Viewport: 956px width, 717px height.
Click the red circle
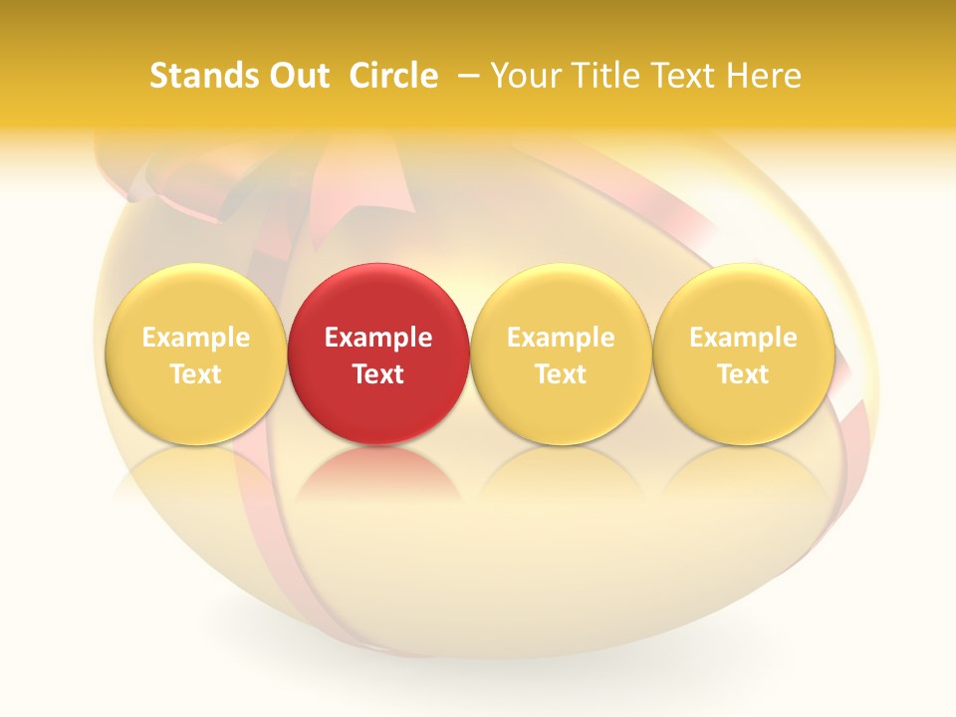(x=378, y=354)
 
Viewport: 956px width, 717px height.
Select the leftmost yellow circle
(x=195, y=354)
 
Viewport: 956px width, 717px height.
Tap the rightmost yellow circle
(x=743, y=354)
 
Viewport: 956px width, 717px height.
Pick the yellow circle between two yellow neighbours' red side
(x=561, y=354)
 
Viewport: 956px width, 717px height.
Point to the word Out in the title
(x=297, y=76)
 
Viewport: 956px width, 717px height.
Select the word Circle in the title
(x=393, y=76)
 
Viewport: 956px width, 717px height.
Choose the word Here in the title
(x=766, y=76)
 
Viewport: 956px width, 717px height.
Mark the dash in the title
(x=469, y=76)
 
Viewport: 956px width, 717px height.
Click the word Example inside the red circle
(x=378, y=338)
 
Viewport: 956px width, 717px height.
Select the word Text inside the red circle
(x=378, y=374)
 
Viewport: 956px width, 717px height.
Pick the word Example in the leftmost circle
(x=195, y=338)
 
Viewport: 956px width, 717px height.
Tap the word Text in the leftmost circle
(x=195, y=374)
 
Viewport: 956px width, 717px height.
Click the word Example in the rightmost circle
(x=743, y=338)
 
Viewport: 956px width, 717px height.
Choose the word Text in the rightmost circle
(x=743, y=374)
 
